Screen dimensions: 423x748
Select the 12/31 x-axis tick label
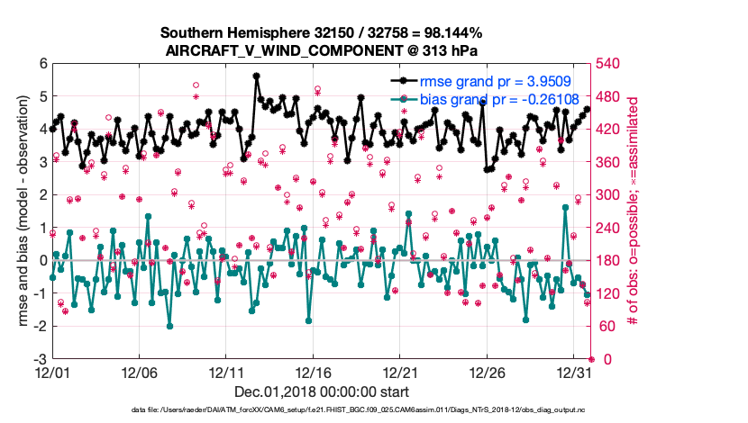point(574,372)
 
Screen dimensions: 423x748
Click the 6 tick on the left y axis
point(41,64)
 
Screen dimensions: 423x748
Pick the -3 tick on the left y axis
point(38,359)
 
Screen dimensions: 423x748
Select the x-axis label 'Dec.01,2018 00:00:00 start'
point(322,391)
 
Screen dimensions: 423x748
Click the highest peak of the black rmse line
point(257,76)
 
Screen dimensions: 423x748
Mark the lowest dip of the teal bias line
point(169,326)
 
